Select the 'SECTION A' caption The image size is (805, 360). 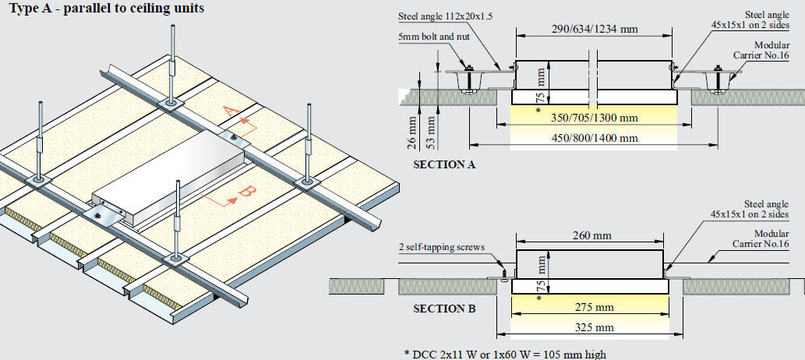click(444, 164)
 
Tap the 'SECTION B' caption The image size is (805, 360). click(444, 308)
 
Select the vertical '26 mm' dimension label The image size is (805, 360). click(410, 134)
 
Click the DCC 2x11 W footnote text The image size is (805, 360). click(504, 354)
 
